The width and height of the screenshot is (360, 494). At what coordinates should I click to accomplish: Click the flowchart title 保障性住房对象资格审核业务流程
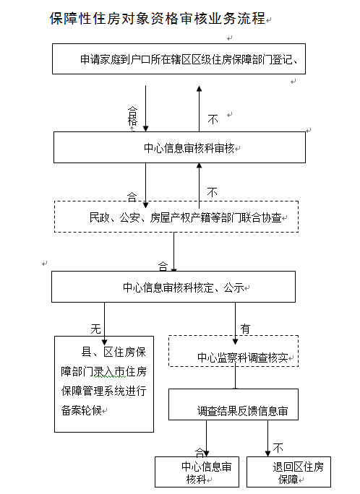158,19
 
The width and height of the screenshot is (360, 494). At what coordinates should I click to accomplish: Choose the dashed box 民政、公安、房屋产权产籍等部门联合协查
175,217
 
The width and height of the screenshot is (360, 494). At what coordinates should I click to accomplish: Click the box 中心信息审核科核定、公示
173,286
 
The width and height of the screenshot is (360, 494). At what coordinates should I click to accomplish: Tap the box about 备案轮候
104,383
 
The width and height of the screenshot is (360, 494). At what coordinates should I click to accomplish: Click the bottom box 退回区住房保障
287,472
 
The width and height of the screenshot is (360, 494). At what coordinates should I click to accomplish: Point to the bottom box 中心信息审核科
196,472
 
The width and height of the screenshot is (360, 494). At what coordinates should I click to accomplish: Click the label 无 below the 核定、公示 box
95,328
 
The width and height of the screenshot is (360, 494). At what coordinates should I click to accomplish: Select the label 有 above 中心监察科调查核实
245,328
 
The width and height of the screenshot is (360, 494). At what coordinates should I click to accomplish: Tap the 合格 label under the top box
132,116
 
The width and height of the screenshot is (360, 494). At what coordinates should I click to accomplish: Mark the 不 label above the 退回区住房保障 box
278,448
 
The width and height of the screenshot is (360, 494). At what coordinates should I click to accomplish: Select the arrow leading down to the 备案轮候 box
105,319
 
